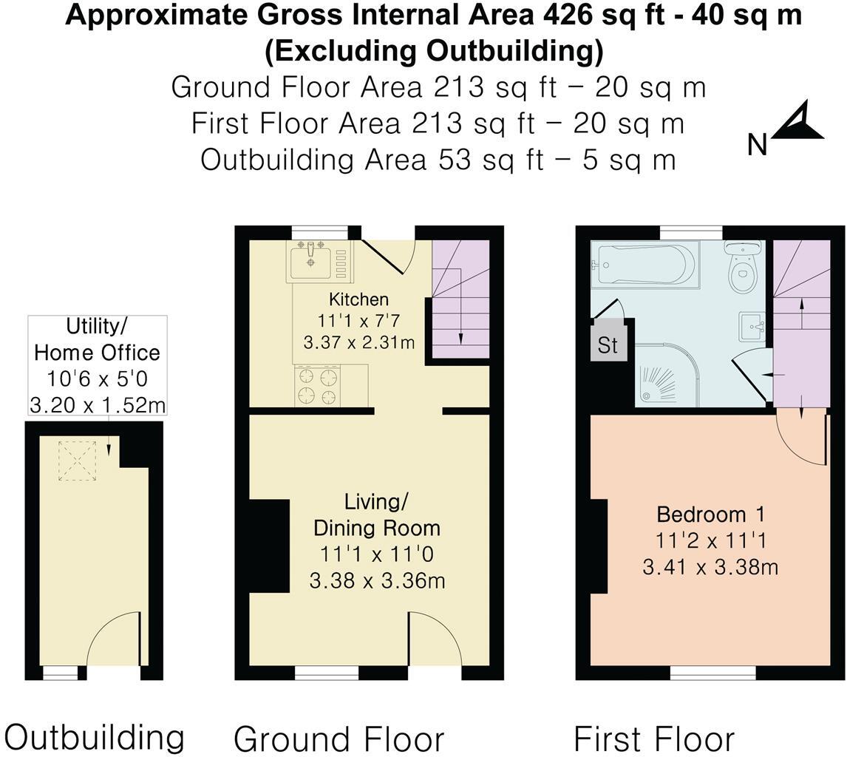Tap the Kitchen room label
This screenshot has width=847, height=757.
[x=358, y=299]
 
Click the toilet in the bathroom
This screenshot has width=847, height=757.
[x=741, y=270]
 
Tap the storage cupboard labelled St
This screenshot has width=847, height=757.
[x=608, y=345]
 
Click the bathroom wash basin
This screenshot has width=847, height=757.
[x=752, y=326]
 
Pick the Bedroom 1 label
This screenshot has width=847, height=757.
[x=710, y=514]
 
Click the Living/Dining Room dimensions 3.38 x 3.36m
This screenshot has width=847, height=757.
[x=377, y=580]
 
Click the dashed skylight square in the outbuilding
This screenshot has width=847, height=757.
[x=78, y=461]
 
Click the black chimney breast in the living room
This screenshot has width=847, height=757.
[x=269, y=546]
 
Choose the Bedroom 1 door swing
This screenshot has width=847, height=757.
[x=802, y=439]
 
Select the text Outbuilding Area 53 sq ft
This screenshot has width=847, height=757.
[x=370, y=160]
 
